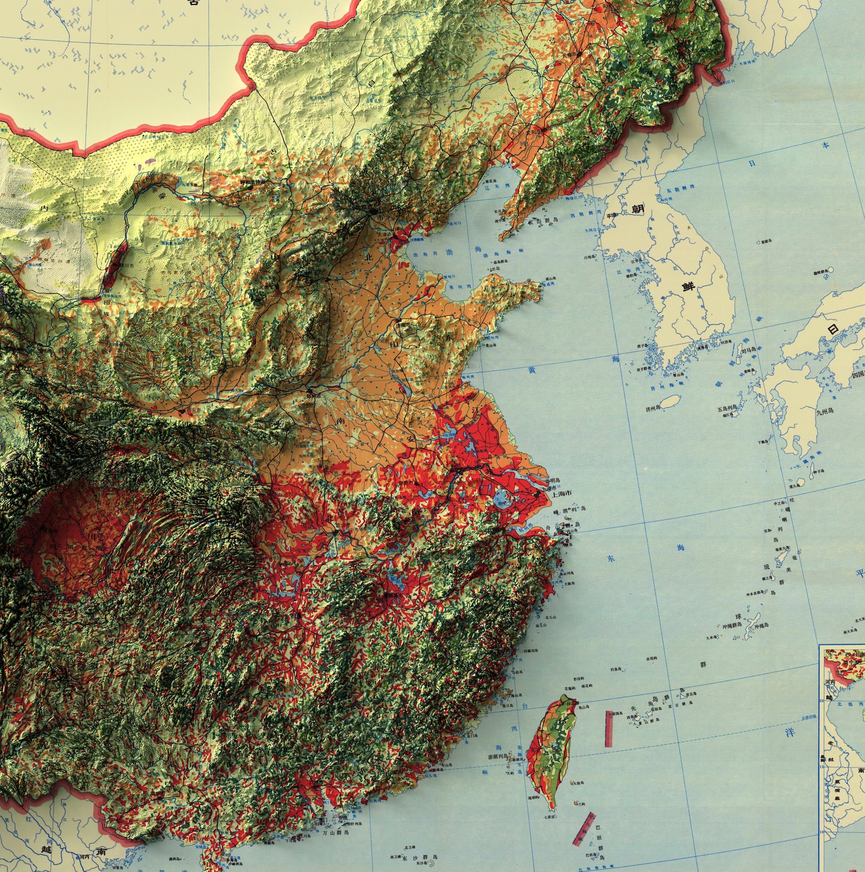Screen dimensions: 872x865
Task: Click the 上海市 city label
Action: tap(561, 493)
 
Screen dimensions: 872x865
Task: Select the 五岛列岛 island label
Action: tap(727, 407)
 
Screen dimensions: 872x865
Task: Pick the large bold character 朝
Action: tap(638, 209)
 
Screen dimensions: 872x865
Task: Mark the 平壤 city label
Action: tap(611, 215)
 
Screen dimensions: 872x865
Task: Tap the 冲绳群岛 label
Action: tap(733, 626)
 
